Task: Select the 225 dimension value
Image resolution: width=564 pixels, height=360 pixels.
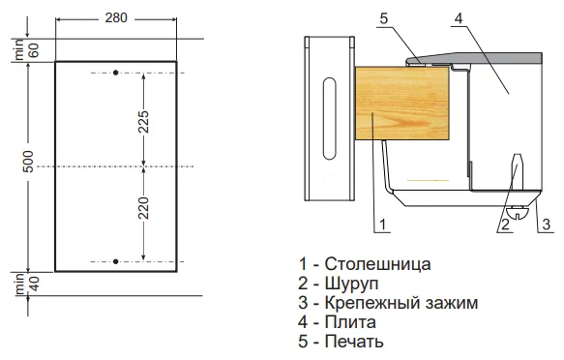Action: pyautogui.click(x=144, y=121)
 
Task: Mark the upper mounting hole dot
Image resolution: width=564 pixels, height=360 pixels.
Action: pyautogui.click(x=115, y=74)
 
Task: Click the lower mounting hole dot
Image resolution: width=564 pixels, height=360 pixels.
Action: pyautogui.click(x=115, y=260)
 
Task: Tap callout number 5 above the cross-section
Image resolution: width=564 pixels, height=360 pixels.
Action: pyautogui.click(x=383, y=18)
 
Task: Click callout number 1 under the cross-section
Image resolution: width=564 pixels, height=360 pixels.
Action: pyautogui.click(x=383, y=224)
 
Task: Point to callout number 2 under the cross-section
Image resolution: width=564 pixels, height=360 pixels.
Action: pyautogui.click(x=504, y=224)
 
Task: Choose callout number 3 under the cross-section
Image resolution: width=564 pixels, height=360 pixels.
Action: pyautogui.click(x=547, y=224)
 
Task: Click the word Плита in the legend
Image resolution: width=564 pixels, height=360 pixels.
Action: pyautogui.click(x=349, y=322)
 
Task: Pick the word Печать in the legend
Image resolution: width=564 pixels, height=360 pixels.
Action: pyautogui.click(x=355, y=342)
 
